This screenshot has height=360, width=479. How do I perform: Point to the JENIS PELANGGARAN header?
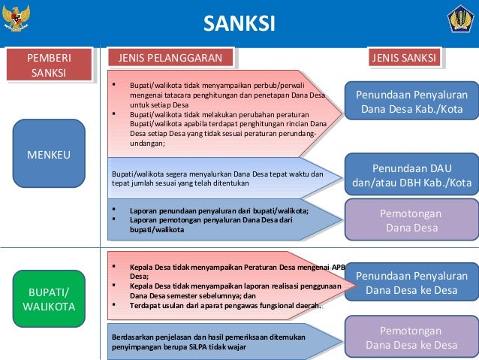point(166,57)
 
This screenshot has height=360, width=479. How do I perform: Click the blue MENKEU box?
point(49,155)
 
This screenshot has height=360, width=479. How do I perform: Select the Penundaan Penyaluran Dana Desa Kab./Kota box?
point(411,102)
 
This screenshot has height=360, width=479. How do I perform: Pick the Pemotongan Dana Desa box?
point(411,219)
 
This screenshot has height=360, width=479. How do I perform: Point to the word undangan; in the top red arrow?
point(147,142)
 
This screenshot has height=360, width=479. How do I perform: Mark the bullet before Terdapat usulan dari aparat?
point(113,305)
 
